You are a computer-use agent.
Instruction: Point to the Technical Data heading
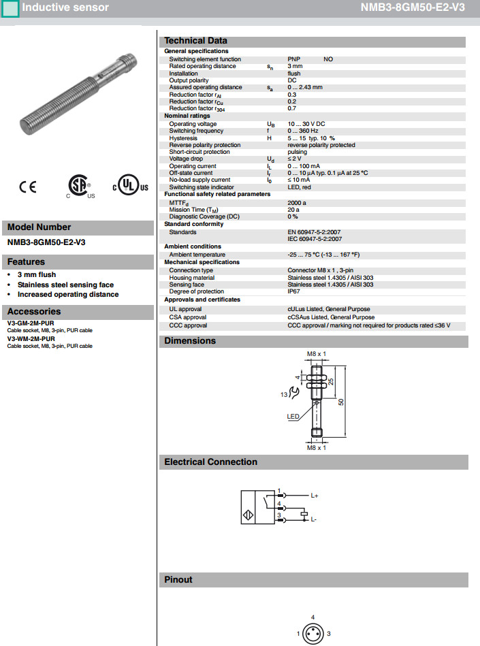[x=195, y=41]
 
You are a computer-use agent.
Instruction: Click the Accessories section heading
[x=34, y=312]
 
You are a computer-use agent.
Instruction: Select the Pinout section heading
[x=178, y=580]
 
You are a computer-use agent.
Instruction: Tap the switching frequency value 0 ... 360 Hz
[x=303, y=131]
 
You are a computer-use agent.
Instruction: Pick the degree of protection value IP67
[x=295, y=291]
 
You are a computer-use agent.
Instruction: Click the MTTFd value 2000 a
[x=297, y=202]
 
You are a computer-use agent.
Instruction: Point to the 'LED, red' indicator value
[x=299, y=187]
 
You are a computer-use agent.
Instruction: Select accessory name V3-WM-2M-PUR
[x=31, y=338]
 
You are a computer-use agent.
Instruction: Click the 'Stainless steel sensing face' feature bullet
[x=65, y=285]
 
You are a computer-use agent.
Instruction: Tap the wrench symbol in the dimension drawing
[x=293, y=392]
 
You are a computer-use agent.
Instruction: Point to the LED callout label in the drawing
[x=293, y=416]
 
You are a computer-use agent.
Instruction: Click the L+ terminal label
[x=315, y=496]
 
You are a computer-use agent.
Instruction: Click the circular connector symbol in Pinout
[x=313, y=634]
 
